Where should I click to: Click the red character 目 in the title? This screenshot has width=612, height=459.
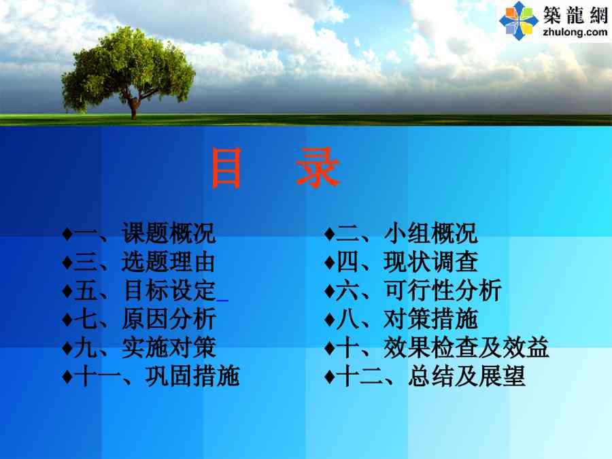pyautogui.click(x=226, y=168)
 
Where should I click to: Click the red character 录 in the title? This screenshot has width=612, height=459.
pyautogui.click(x=318, y=167)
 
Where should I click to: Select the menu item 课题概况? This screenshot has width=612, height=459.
pyautogui.click(x=168, y=233)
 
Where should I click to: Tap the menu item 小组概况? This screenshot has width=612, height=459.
pyautogui.click(x=430, y=233)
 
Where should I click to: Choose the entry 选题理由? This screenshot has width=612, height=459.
pyautogui.click(x=168, y=262)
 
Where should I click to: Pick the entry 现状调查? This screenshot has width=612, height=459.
pyautogui.click(x=430, y=262)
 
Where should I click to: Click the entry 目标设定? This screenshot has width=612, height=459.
pyautogui.click(x=169, y=290)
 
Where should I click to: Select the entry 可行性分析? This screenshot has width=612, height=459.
pyautogui.click(x=443, y=290)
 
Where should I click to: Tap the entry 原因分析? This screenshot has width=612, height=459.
pyautogui.click(x=169, y=319)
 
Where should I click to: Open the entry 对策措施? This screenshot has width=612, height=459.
pyautogui.click(x=430, y=319)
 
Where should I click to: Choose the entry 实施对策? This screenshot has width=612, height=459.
pyautogui.click(x=169, y=347)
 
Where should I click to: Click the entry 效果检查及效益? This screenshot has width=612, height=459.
pyautogui.click(x=466, y=347)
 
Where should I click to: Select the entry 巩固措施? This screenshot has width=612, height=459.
pyautogui.click(x=192, y=376)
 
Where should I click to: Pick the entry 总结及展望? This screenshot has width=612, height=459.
pyautogui.click(x=466, y=376)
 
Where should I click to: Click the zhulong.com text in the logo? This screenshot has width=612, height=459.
pyautogui.click(x=575, y=32)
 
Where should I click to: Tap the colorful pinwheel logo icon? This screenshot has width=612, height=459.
pyautogui.click(x=519, y=20)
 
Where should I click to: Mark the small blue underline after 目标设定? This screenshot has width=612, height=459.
pyautogui.click(x=222, y=301)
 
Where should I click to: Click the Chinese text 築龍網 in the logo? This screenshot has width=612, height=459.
pyautogui.click(x=575, y=15)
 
